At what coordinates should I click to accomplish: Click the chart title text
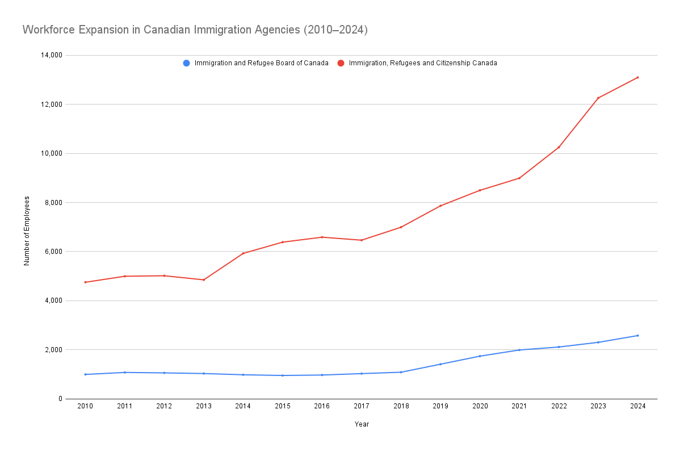[195, 30]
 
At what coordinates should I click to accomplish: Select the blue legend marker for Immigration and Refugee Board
[186, 63]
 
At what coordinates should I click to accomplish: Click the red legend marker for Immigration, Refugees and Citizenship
[341, 63]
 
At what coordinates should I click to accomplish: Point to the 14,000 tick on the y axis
[50, 55]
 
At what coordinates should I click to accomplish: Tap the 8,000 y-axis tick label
[52, 203]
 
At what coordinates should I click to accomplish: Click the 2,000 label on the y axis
[52, 350]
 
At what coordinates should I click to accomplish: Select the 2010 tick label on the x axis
[85, 406]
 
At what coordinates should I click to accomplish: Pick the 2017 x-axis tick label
[362, 406]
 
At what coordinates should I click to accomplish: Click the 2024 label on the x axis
[637, 406]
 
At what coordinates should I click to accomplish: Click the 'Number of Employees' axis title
[27, 231]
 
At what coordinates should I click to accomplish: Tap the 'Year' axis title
[362, 424]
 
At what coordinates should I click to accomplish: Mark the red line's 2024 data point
[637, 77]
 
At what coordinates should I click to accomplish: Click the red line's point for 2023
[598, 98]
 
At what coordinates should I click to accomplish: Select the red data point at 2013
[203, 279]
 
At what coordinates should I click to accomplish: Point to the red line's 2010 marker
[85, 282]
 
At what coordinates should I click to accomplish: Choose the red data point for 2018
[401, 227]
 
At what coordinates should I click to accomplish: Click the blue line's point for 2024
[637, 336]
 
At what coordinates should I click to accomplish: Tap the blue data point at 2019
[440, 364]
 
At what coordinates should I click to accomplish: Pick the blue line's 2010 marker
[85, 374]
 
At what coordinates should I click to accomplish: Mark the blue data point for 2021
[519, 350]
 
